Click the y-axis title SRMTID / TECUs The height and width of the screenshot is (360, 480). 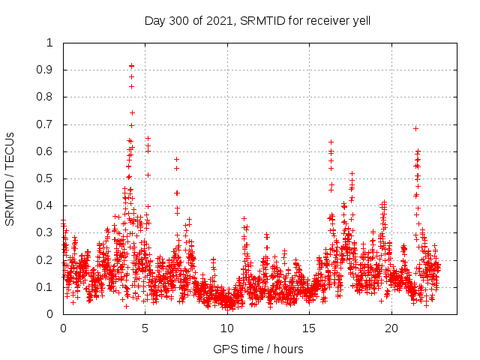[x=10, y=178]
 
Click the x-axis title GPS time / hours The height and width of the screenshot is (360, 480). [x=258, y=349]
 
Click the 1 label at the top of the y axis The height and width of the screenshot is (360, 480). [x=51, y=43]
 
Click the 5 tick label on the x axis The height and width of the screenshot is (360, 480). [x=145, y=328]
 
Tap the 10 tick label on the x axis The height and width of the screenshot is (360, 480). [x=227, y=328]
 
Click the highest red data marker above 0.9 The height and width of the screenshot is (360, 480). [x=131, y=66]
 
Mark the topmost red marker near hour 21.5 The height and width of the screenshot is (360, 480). [x=415, y=128]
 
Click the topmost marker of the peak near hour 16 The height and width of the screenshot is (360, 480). [x=331, y=142]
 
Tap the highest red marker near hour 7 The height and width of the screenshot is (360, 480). [x=176, y=159]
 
